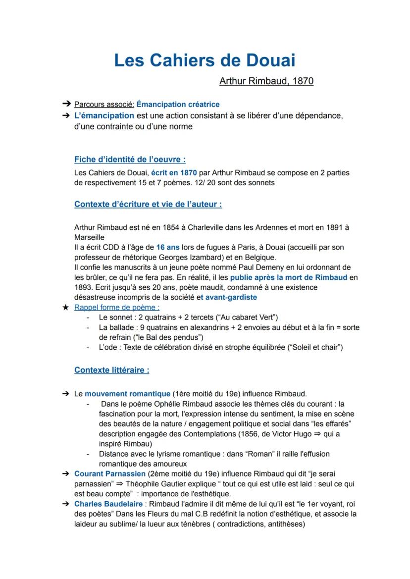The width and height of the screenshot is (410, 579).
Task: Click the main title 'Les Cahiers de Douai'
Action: pyautogui.click(x=205, y=60)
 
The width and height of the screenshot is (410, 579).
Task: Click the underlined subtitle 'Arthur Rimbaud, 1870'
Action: pyautogui.click(x=266, y=80)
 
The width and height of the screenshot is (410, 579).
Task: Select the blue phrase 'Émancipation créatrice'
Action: pyautogui.click(x=178, y=105)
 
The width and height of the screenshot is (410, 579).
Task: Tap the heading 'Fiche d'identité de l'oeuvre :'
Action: pyautogui.click(x=130, y=159)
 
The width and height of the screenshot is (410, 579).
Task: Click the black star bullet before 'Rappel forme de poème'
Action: pyautogui.click(x=65, y=308)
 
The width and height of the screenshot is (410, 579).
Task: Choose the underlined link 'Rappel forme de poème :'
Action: pyautogui.click(x=106, y=308)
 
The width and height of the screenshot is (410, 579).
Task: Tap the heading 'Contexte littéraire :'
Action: pyautogui.click(x=111, y=370)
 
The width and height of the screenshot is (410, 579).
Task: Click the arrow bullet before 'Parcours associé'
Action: pyautogui.click(x=65, y=105)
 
